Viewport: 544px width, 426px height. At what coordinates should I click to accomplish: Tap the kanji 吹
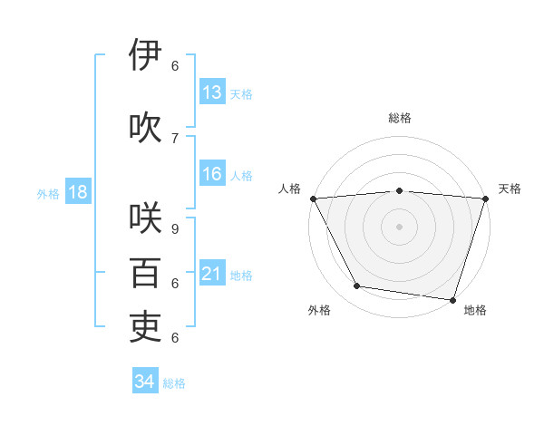(x=146, y=127)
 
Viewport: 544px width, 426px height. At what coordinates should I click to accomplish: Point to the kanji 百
(x=146, y=273)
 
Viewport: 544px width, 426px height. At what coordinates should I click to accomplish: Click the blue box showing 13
(x=212, y=92)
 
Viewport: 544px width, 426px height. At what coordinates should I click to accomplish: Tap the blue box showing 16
(x=212, y=174)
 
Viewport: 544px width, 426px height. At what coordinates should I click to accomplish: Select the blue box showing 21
(x=212, y=274)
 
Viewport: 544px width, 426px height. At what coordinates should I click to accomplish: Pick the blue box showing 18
(x=78, y=192)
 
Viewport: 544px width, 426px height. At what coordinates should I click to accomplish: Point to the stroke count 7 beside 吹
(x=175, y=138)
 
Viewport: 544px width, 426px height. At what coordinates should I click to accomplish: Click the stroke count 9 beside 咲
(x=175, y=229)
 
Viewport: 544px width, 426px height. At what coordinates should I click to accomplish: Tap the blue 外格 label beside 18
(x=48, y=193)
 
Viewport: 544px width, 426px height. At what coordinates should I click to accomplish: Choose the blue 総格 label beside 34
(x=174, y=382)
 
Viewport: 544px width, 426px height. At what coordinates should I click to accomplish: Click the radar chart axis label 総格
(x=400, y=118)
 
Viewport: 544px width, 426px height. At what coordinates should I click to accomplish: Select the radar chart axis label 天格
(x=510, y=189)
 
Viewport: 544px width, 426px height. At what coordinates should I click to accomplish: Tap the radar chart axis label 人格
(x=289, y=189)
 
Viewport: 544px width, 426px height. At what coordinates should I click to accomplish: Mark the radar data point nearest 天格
(x=485, y=198)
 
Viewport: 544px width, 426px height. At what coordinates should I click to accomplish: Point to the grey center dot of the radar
(x=400, y=227)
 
